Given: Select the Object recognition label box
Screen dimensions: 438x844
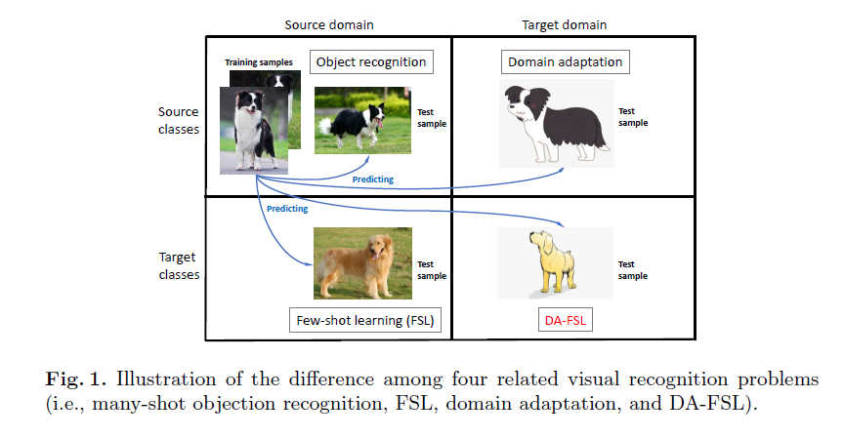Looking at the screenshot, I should [x=371, y=62].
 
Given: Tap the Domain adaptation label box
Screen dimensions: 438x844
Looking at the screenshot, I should [x=565, y=62].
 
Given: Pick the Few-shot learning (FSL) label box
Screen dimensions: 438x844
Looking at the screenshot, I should [x=365, y=318].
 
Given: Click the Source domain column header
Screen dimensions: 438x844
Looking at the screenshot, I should [x=328, y=24].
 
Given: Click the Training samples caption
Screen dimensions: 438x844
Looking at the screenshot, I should [x=259, y=62].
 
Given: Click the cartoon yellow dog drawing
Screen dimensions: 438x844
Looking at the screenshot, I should [x=552, y=263].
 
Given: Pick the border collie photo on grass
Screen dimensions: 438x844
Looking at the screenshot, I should [x=359, y=120].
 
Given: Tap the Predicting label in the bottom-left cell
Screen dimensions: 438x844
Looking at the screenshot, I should [x=286, y=208].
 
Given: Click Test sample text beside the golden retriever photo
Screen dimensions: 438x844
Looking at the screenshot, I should [x=432, y=269].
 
